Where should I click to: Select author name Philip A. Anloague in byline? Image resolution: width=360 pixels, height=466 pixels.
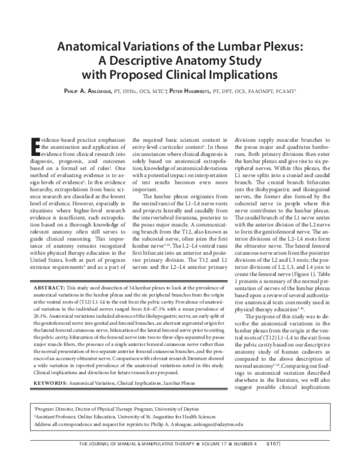click(x=97, y=92)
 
